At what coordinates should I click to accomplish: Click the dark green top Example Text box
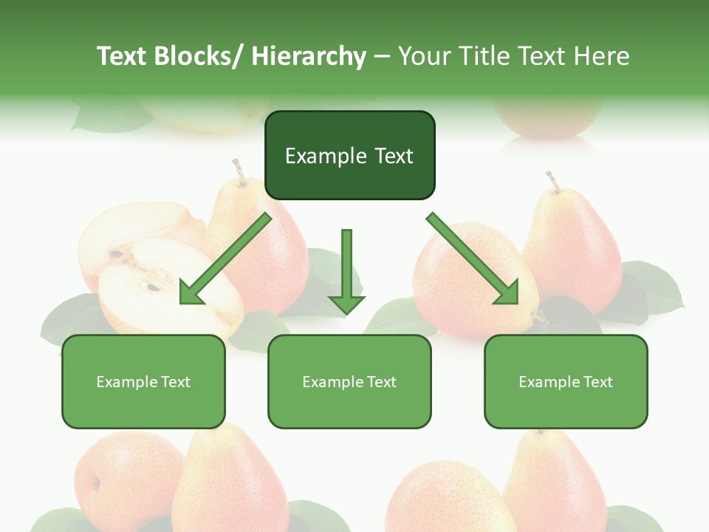(349, 155)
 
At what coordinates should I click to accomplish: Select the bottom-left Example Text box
(143, 381)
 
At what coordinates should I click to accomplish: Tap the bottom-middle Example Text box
(349, 381)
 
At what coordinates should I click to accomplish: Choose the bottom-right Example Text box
(566, 381)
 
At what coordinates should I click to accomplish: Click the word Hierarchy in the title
(309, 56)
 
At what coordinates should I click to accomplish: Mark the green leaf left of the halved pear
(66, 318)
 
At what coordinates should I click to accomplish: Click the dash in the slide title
(382, 56)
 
